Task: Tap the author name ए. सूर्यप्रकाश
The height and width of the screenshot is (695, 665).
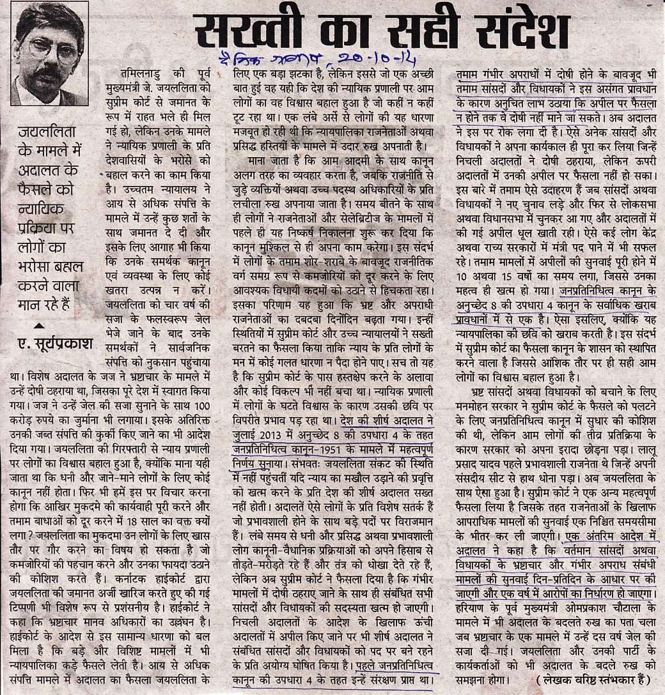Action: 55,343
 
